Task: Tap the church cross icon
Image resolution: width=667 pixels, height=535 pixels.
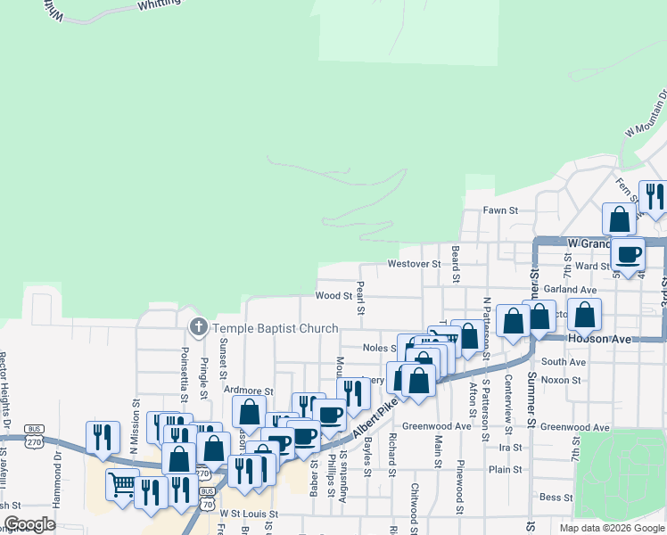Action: pos(198,328)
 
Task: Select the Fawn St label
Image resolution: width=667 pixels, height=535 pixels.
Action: pos(500,210)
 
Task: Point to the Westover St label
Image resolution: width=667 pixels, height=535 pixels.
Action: pos(414,264)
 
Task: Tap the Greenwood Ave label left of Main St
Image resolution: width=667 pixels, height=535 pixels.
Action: pos(436,426)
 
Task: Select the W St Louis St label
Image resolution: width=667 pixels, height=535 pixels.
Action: pos(250,514)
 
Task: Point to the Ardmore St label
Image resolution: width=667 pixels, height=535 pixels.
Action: pos(249,391)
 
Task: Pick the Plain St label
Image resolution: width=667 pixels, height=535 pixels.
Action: pos(505,469)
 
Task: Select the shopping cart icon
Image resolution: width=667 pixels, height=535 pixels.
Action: pos(123,485)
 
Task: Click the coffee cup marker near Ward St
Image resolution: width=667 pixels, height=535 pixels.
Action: pos(628,254)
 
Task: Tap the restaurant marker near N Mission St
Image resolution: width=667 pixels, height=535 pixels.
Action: pos(102,437)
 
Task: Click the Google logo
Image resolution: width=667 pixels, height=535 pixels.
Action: pos(29,524)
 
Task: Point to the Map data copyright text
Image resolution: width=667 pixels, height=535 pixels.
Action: pos(612,528)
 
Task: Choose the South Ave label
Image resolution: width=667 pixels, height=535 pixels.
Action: pos(563,362)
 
